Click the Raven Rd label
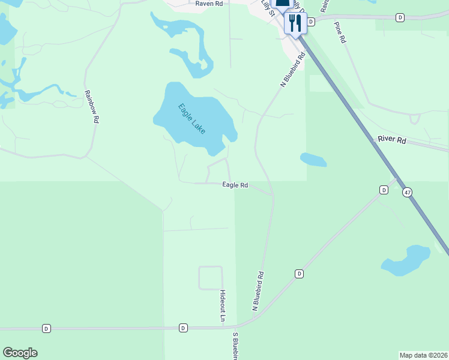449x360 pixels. [209, 4]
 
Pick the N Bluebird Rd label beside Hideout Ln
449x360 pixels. [258, 292]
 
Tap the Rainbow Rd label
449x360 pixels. [91, 107]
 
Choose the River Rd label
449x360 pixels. [392, 140]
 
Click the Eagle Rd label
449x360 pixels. [235, 185]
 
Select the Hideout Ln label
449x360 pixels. [223, 304]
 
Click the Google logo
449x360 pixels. [20, 353]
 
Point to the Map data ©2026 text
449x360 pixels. [423, 355]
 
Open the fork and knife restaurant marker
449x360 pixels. [294, 23]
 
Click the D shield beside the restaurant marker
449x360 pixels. [311, 22]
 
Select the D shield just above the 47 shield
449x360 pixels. [384, 190]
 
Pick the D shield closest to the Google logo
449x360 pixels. [46, 328]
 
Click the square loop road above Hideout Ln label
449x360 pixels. [210, 278]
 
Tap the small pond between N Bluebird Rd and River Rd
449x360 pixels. [313, 160]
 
